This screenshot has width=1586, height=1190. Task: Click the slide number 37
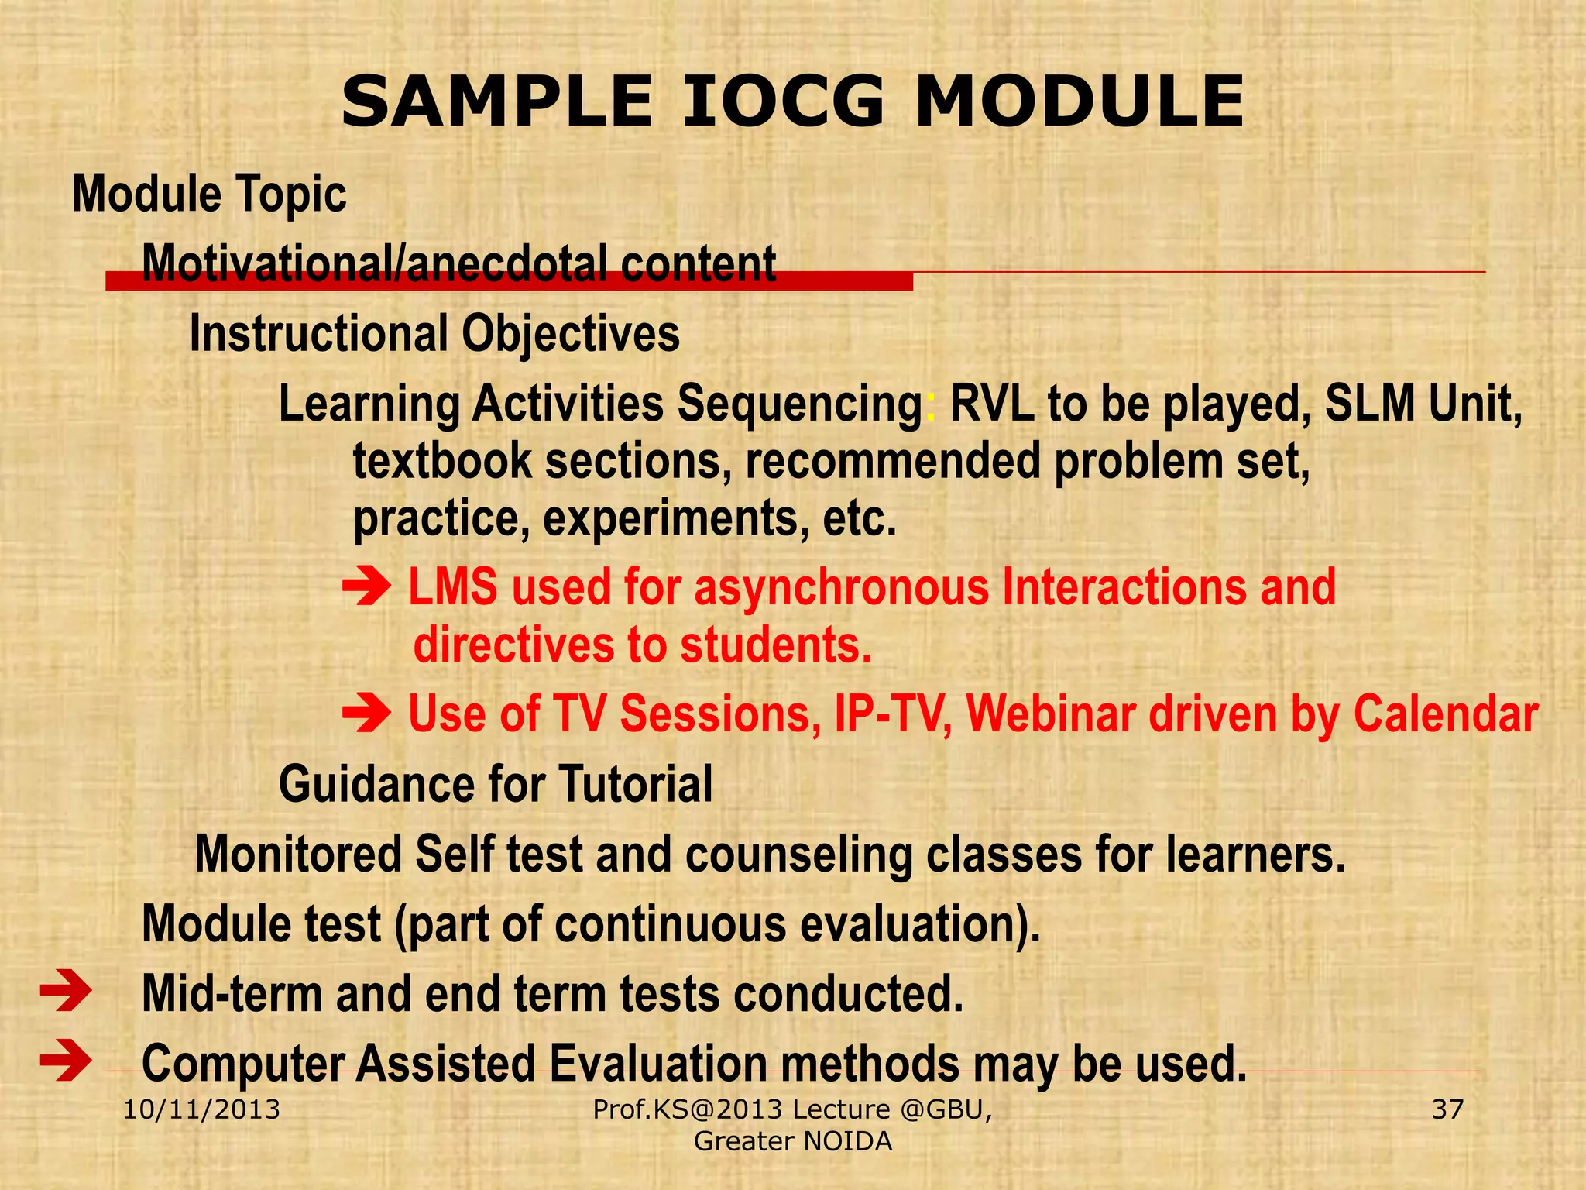(x=1447, y=1109)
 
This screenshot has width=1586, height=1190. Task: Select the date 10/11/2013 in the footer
(x=202, y=1109)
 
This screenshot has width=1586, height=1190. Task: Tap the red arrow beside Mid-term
(x=66, y=993)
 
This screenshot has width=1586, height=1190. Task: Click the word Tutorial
(x=635, y=784)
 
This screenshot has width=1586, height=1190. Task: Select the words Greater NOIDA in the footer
(x=793, y=1141)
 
